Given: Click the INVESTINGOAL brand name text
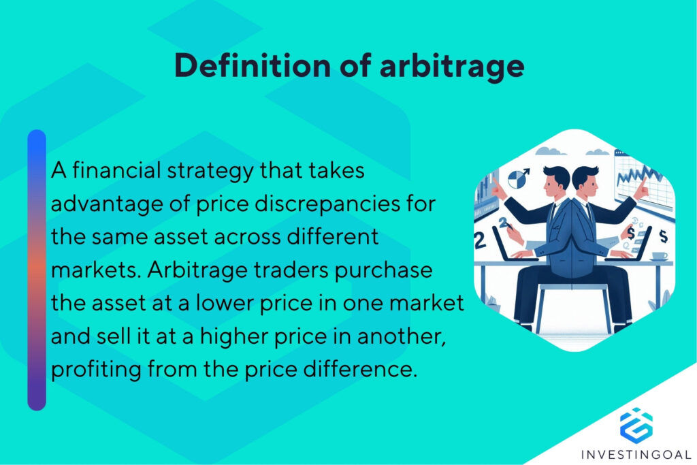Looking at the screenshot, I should (x=636, y=454).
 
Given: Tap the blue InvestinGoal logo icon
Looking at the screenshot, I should (x=636, y=423).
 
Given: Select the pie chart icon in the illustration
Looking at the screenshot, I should (x=519, y=180).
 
